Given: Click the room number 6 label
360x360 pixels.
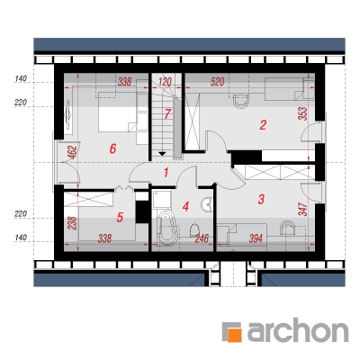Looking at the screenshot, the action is click(112, 148).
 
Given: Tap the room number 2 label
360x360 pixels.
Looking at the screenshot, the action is click(263, 125).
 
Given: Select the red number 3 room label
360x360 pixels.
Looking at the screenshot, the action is click(261, 199).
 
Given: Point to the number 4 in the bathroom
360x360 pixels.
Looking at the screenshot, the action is click(185, 206).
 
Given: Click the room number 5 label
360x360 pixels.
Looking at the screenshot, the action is click(120, 217).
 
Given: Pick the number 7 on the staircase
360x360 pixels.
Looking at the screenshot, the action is click(167, 114).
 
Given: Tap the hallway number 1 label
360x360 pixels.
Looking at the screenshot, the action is click(166, 173).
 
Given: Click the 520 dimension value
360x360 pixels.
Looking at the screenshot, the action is click(217, 82).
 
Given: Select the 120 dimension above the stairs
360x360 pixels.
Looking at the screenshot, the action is click(165, 82).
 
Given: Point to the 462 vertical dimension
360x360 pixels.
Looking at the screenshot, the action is click(73, 152).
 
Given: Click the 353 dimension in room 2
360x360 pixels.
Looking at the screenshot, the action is click(303, 114).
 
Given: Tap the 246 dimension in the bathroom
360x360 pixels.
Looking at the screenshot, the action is click(202, 238).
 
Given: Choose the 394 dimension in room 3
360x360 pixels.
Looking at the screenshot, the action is click(256, 238).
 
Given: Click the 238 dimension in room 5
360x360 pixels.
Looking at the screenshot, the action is click(73, 223).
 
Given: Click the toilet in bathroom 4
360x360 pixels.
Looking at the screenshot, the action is click(194, 230).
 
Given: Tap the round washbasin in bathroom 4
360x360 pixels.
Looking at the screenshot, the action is click(206, 204).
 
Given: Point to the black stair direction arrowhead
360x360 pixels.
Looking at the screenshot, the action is click(162, 154).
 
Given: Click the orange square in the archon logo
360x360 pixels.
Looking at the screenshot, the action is click(234, 334).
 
